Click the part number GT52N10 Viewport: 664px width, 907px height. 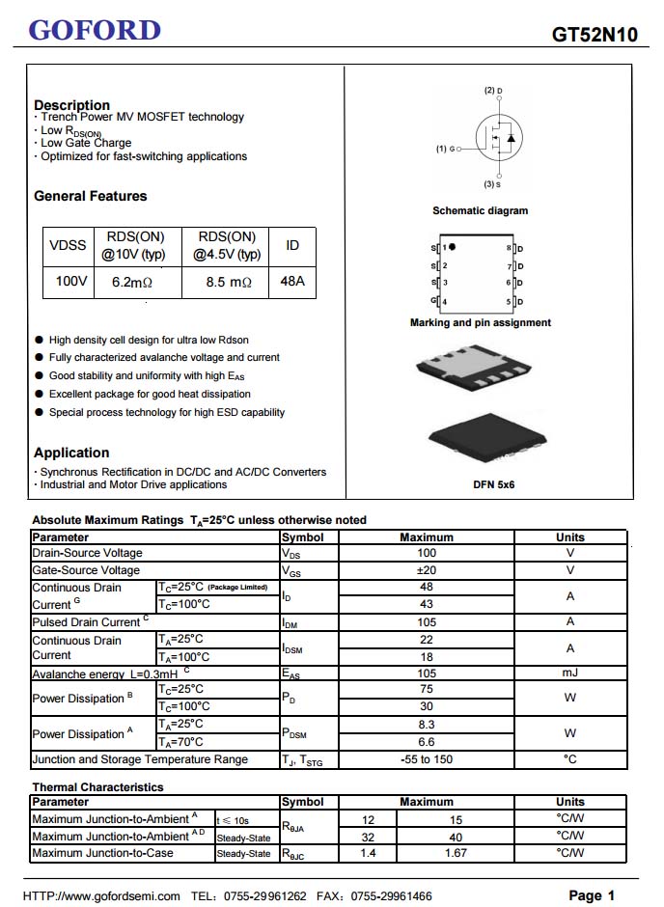pos(595,35)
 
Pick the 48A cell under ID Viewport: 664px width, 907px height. pos(292,282)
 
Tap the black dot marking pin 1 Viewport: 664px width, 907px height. pos(453,247)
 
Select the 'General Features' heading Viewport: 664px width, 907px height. pos(91,196)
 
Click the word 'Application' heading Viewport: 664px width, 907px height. pos(71,453)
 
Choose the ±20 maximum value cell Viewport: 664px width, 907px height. pos(427,570)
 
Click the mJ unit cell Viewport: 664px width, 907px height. pos(570,673)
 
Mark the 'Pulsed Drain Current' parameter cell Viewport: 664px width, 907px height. pos(91,622)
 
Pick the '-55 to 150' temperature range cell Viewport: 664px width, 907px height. pos(427,759)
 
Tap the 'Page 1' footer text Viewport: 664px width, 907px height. pos(592,895)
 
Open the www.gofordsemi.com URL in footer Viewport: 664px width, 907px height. pos(101,896)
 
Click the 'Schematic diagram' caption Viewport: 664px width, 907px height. pos(480,210)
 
